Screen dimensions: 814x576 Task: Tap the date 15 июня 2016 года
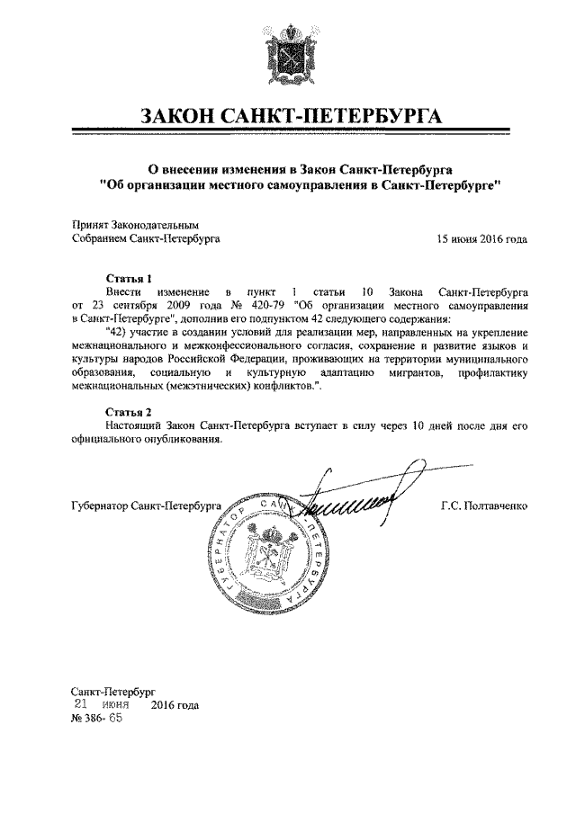coord(481,239)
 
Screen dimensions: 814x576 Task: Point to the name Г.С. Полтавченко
coord(483,506)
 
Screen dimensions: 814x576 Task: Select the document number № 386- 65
coord(96,720)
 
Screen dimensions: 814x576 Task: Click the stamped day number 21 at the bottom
coord(81,705)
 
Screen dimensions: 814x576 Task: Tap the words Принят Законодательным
coord(133,225)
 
